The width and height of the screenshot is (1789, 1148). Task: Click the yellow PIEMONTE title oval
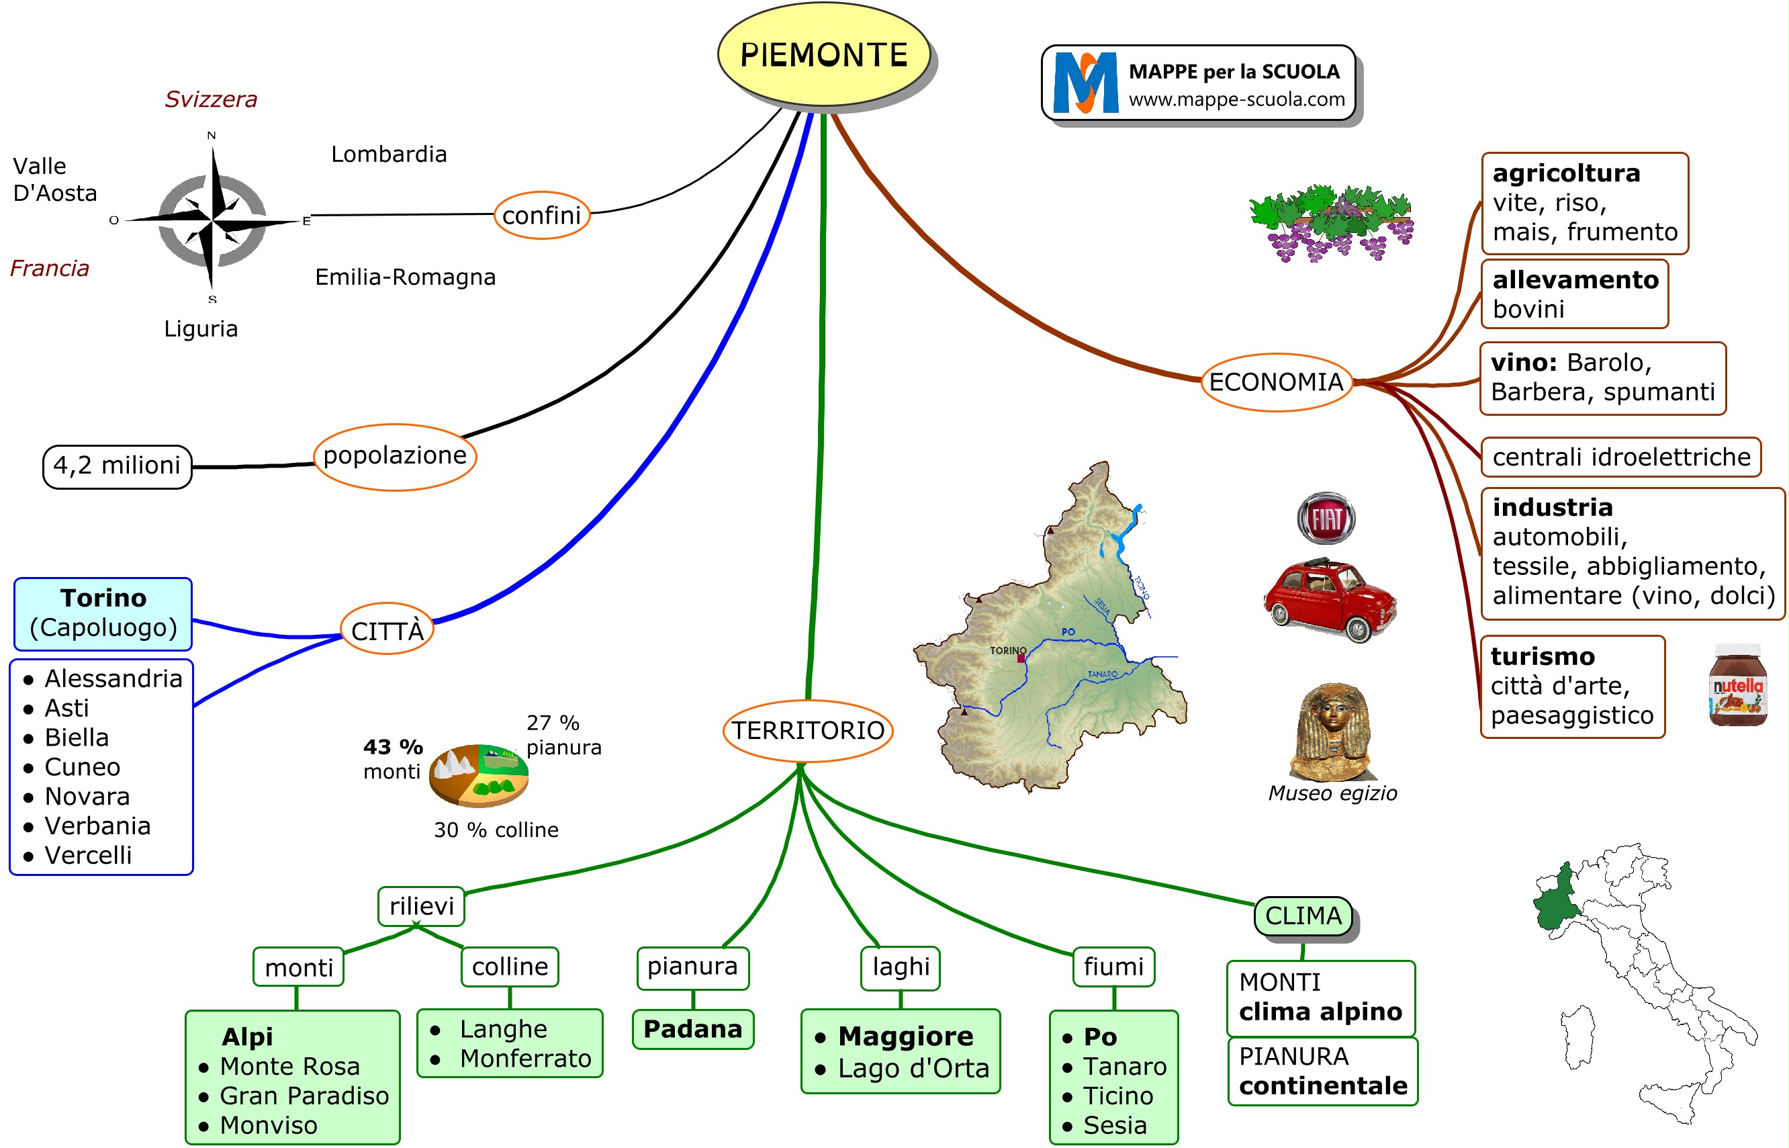pos(823,54)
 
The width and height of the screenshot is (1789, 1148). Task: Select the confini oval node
pos(542,216)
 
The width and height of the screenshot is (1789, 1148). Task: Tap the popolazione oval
pos(394,456)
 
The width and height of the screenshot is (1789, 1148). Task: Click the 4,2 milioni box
pos(117,466)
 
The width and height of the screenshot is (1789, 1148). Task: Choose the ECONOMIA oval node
pos(1276,382)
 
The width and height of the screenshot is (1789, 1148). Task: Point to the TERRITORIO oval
pos(808,731)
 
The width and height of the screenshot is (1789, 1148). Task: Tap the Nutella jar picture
pos(1737,685)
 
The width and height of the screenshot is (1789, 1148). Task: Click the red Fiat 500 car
pos(1330,600)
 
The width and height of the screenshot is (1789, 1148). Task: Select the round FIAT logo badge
pos(1326,518)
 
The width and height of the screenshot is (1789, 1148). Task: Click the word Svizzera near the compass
pos(211,99)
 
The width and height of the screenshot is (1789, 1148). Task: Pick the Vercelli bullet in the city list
pos(88,855)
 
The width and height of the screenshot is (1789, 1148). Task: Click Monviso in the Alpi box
pos(268,1125)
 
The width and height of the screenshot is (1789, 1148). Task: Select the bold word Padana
pos(692,1030)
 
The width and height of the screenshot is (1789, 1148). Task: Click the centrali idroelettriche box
pos(1620,457)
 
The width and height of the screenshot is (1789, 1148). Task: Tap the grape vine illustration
pos(1332,223)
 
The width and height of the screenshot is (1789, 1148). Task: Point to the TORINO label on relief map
pos(1007,651)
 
